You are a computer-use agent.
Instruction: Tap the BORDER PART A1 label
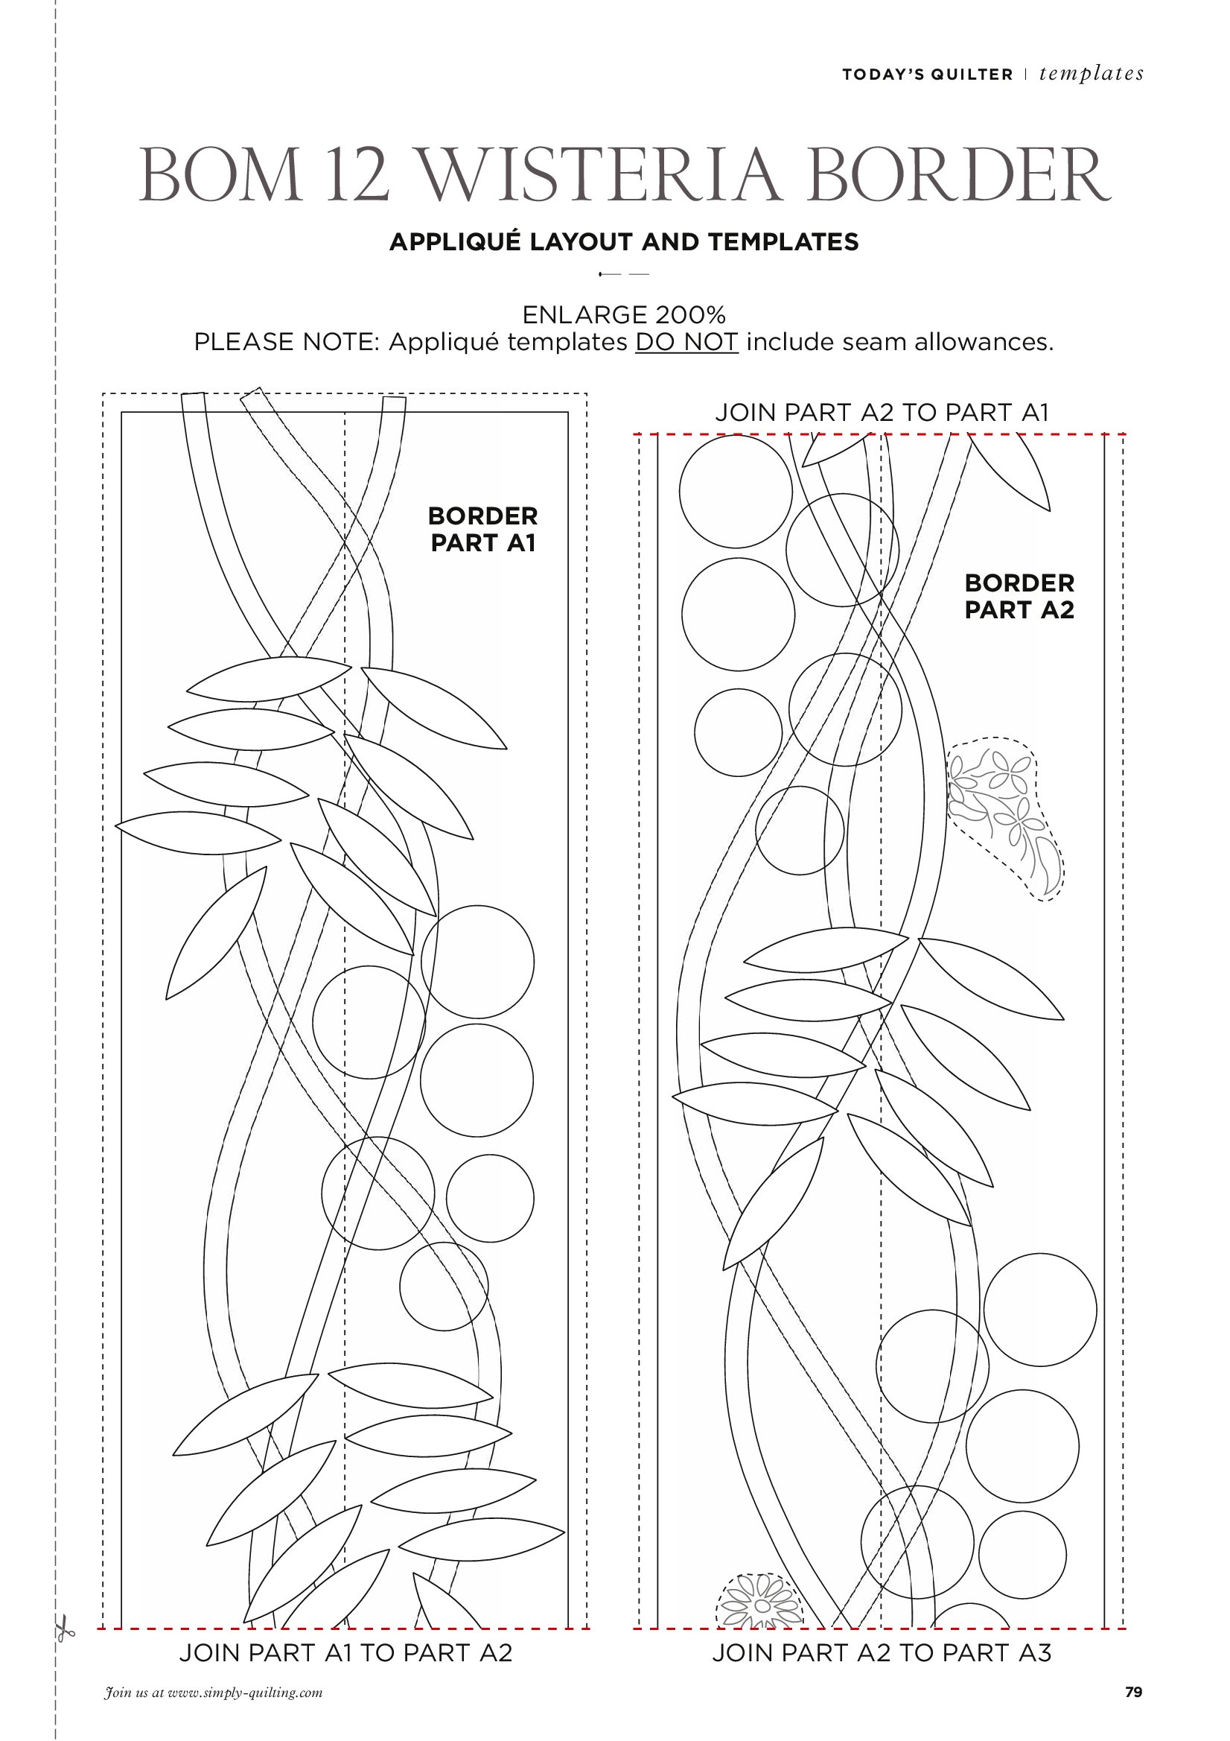[482, 529]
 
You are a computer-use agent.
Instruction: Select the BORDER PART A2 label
[1019, 596]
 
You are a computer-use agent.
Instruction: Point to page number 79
[1134, 1692]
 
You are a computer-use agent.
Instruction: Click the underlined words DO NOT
[686, 342]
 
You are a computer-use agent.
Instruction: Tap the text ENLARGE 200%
[624, 314]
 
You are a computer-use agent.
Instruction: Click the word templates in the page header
[1092, 74]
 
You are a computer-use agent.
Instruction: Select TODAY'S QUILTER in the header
[928, 74]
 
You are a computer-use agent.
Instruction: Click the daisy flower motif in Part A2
[759, 1602]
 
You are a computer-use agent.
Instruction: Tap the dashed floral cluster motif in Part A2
[1005, 818]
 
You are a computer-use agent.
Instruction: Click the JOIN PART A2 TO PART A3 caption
[882, 1652]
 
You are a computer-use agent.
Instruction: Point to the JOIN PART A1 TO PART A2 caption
[345, 1652]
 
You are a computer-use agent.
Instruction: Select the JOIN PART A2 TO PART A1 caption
[882, 412]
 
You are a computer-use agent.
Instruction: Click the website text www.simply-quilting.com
[245, 1693]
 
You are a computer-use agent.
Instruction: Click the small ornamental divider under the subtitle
[624, 273]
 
